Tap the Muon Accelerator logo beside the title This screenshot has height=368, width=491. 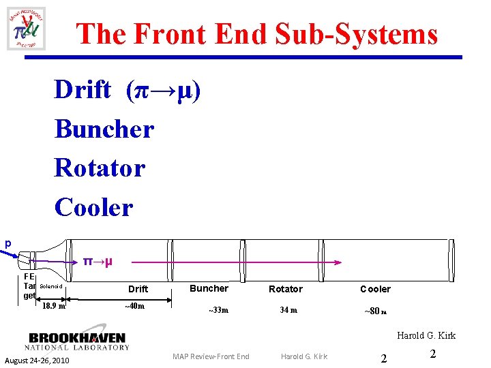pyautogui.click(x=26, y=28)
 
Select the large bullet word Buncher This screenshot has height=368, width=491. pyautogui.click(x=104, y=128)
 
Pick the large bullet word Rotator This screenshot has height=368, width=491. pyautogui.click(x=100, y=168)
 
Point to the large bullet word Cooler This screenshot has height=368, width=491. pyautogui.click(x=94, y=207)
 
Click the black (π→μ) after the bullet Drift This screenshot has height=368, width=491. pyautogui.click(x=163, y=89)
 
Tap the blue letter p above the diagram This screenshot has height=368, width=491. pyautogui.click(x=8, y=243)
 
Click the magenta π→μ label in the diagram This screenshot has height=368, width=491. pyautogui.click(x=98, y=261)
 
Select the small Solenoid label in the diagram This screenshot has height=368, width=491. pyautogui.click(x=51, y=287)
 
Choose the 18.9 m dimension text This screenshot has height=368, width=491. pyautogui.click(x=54, y=305)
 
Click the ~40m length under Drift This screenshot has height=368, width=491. pyautogui.click(x=134, y=305)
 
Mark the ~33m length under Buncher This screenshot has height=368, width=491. pyautogui.click(x=218, y=311)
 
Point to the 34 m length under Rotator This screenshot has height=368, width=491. pyautogui.click(x=288, y=311)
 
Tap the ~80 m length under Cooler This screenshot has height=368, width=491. pyautogui.click(x=375, y=311)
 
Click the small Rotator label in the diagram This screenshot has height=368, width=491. pyautogui.click(x=286, y=289)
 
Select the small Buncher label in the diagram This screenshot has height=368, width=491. pyautogui.click(x=209, y=288)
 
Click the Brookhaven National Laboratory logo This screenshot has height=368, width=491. pyautogui.click(x=78, y=341)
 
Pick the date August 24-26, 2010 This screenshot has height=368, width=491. pyautogui.click(x=38, y=360)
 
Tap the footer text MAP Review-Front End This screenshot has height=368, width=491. pyautogui.click(x=211, y=356)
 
